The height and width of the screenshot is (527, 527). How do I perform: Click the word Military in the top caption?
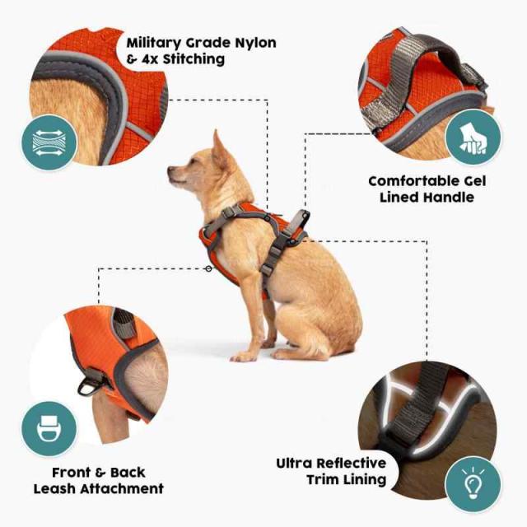[157, 42]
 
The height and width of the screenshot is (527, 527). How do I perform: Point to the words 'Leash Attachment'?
[98, 488]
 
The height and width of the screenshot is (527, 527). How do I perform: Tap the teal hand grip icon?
[473, 137]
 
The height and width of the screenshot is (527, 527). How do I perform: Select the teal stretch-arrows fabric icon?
[49, 142]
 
